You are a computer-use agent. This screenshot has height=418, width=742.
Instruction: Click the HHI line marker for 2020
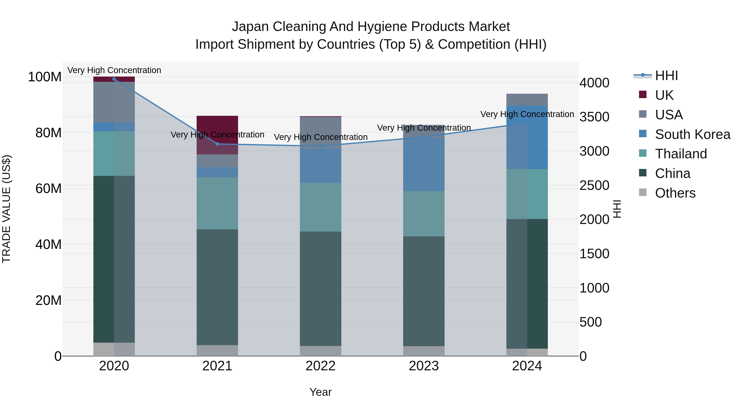(x=114, y=79)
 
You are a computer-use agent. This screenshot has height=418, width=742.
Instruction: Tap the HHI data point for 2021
(x=217, y=144)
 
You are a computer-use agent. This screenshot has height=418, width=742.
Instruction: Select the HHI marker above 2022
(x=321, y=146)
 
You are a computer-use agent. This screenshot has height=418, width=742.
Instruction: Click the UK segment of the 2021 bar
(x=217, y=127)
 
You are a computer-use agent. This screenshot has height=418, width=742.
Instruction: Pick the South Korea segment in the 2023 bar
(x=424, y=165)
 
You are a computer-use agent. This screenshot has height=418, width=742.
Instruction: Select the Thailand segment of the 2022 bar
(x=321, y=207)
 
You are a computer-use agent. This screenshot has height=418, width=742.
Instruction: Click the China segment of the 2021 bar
(x=217, y=287)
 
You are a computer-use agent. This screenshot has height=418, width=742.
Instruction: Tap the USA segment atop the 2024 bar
(x=527, y=100)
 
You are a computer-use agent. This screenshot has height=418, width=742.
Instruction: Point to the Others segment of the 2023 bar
(x=424, y=351)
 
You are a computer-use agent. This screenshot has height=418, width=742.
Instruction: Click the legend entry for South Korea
(x=693, y=134)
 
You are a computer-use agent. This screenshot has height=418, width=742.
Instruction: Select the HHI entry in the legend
(x=666, y=76)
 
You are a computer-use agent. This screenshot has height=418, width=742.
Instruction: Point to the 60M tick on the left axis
(x=48, y=189)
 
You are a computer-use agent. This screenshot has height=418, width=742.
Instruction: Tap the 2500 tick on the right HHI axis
(x=594, y=186)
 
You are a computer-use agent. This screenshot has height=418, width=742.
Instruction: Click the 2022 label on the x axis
(x=321, y=366)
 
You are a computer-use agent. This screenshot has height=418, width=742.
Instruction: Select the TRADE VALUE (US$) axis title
(x=7, y=209)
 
